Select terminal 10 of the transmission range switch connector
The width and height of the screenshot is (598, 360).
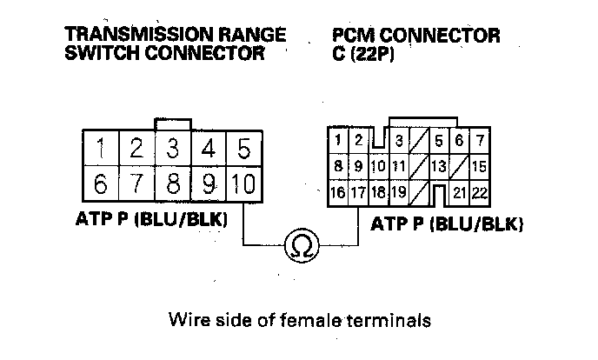[244, 185]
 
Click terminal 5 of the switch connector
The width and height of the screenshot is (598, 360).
[244, 147]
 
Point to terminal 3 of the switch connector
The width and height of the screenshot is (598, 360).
[173, 147]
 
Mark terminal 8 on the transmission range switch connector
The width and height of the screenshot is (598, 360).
[173, 185]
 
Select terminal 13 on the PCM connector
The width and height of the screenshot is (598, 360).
[439, 165]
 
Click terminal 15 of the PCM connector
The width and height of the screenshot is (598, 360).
[479, 165]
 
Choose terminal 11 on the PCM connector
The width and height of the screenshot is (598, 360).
[398, 165]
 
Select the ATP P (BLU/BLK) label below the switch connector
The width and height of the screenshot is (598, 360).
[150, 221]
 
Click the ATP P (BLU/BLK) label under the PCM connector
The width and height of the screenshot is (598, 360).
[447, 224]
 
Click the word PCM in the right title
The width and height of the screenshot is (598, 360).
[354, 36]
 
